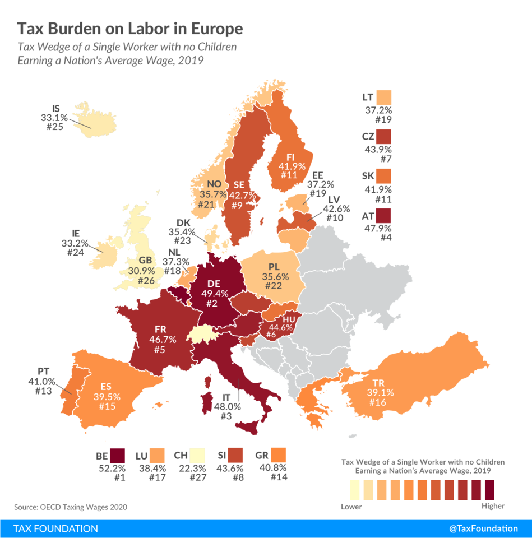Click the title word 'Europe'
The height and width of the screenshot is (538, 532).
click(x=216, y=28)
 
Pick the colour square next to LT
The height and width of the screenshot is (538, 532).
click(x=384, y=98)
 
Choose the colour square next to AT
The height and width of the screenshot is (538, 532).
click(x=384, y=216)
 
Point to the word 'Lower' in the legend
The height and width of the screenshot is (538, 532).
click(x=351, y=507)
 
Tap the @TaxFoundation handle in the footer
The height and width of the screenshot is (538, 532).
click(x=483, y=528)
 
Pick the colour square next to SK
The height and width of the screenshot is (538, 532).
click(x=384, y=177)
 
